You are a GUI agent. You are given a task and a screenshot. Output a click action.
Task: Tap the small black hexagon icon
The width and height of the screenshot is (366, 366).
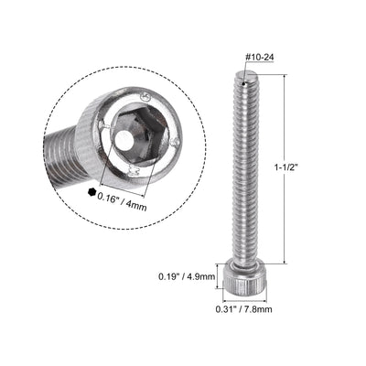[x=91, y=194]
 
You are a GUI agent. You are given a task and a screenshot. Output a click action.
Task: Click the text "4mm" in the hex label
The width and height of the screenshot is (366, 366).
[x=160, y=194]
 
